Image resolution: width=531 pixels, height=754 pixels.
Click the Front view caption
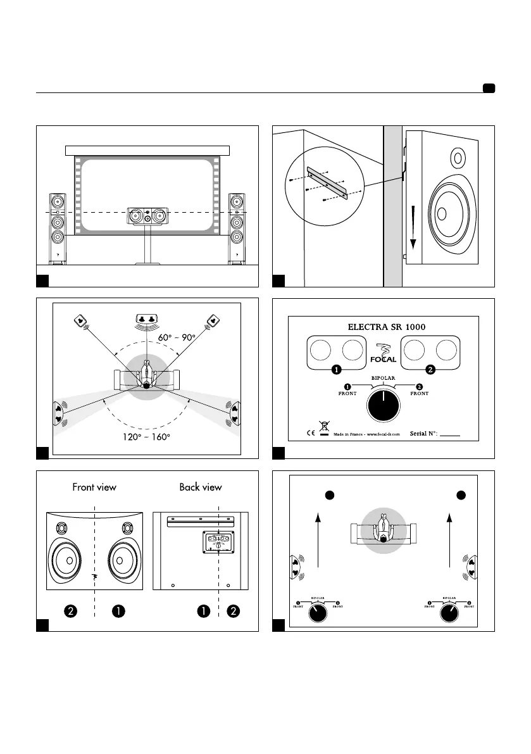click(95, 487)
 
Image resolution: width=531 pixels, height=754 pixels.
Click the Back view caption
click(200, 487)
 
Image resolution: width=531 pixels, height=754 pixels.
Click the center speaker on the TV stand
click(146, 215)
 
